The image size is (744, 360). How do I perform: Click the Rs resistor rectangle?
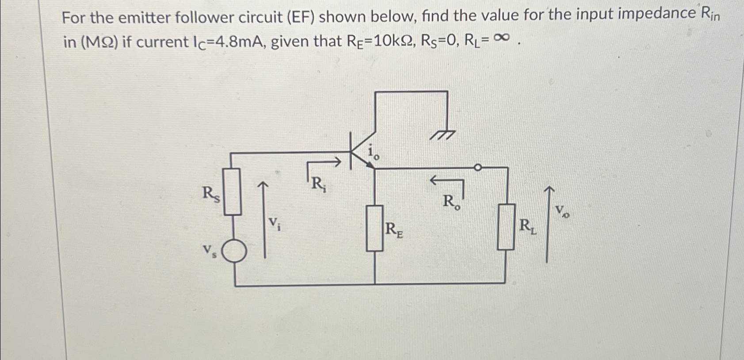coord(232,191)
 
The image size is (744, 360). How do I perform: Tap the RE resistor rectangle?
coord(374,228)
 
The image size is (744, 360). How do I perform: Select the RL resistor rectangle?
coord(506,226)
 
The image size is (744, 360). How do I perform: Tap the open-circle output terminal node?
coord(477,168)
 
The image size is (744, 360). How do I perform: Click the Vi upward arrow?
coord(264,219)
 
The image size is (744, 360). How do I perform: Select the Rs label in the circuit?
coord(210,194)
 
